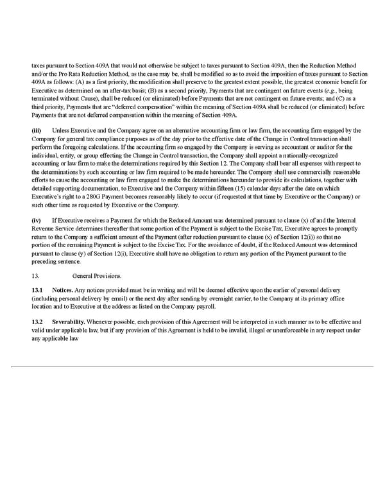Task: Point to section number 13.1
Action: click(37, 291)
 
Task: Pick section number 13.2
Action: click(37, 321)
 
